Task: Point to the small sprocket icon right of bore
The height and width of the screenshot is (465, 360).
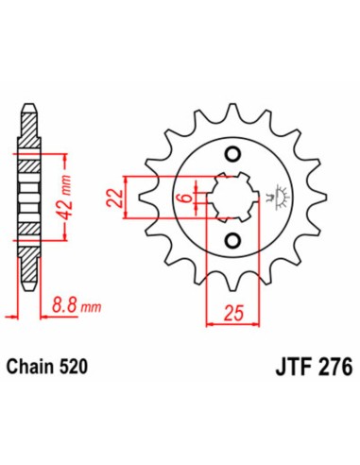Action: [274, 199]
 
